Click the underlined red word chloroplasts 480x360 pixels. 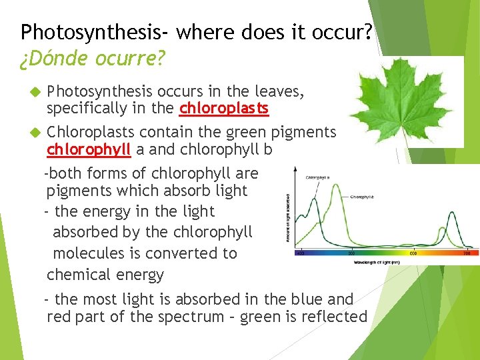pos(224,108)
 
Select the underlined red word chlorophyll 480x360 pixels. pos(89,149)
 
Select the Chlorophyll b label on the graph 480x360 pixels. pos(362,197)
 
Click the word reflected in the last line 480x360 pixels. pos(335,317)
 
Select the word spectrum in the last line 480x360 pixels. pos(191,317)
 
